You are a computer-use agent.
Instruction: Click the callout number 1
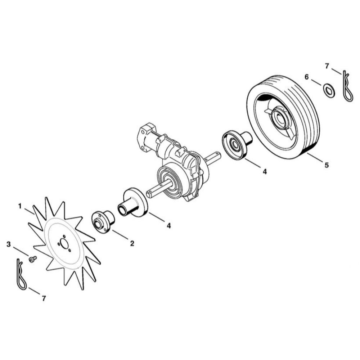click(20, 206)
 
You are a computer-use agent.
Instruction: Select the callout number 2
click(132, 243)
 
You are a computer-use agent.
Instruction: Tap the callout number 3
click(9, 244)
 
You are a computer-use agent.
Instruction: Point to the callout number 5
click(327, 165)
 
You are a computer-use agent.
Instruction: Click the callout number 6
click(306, 77)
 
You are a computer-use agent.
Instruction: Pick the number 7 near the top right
click(327, 66)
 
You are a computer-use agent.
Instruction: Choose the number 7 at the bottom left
click(44, 298)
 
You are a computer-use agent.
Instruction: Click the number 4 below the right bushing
click(265, 171)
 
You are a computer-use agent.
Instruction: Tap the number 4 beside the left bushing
click(169, 226)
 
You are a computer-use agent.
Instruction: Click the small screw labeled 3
click(33, 259)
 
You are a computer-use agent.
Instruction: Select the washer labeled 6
click(329, 90)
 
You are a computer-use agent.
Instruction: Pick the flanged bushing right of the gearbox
click(237, 145)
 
